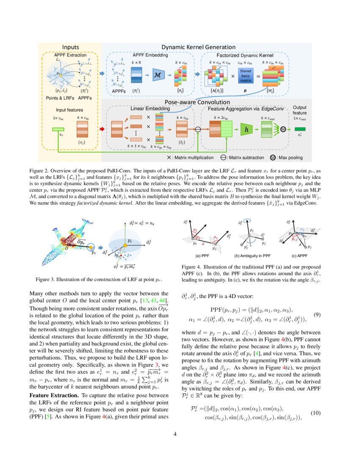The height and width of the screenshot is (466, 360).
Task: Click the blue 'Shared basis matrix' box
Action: point(246,76)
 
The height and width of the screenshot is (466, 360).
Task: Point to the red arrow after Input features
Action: point(101,128)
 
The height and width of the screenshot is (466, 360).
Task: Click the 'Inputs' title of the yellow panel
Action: point(70,47)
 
